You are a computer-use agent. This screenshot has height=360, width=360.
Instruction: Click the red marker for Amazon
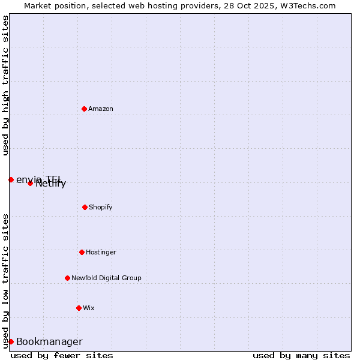coord(84,109)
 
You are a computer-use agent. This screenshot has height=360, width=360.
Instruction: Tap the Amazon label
coord(101,109)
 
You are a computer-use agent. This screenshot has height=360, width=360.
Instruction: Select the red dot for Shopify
coord(85,207)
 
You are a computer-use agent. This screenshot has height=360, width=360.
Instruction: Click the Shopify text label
coord(100,208)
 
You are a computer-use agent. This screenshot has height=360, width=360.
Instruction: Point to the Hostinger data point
coord(82,252)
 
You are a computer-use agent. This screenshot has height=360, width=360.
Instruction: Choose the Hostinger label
coord(101,253)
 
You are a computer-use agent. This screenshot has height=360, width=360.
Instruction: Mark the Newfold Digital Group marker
coord(67,278)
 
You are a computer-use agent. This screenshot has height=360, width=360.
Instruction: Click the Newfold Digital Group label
coord(106,278)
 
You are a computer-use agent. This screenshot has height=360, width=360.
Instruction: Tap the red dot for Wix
coord(79,308)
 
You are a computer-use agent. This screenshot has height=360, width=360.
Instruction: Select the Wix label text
coord(89,308)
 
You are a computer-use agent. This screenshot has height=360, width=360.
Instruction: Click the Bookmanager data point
coord(11,341)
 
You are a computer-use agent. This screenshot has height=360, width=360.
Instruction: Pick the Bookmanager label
coord(49,342)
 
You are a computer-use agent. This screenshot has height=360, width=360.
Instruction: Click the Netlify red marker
coord(30,183)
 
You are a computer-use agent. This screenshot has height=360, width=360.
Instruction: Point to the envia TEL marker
coord(11,179)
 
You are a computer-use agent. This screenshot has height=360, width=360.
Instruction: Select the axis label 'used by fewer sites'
coord(62,355)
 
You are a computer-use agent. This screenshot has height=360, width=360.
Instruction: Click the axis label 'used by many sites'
coord(301,355)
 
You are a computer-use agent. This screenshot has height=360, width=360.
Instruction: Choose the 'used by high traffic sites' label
coord(5,85)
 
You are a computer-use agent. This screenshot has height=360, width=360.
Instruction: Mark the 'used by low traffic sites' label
coord(5,281)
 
